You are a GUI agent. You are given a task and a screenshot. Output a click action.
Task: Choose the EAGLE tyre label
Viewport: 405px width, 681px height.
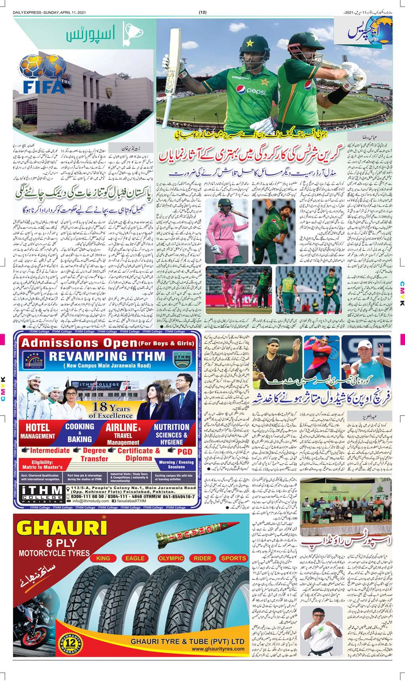tap(135, 558)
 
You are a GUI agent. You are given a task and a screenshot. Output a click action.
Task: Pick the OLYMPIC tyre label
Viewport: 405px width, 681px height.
tap(171, 558)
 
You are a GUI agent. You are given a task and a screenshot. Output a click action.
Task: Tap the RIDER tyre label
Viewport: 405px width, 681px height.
tap(202, 558)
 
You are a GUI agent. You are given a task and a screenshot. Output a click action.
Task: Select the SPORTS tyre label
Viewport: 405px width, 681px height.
tap(233, 558)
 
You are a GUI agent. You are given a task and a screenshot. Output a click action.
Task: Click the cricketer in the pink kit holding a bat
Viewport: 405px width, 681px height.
tap(217, 225)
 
